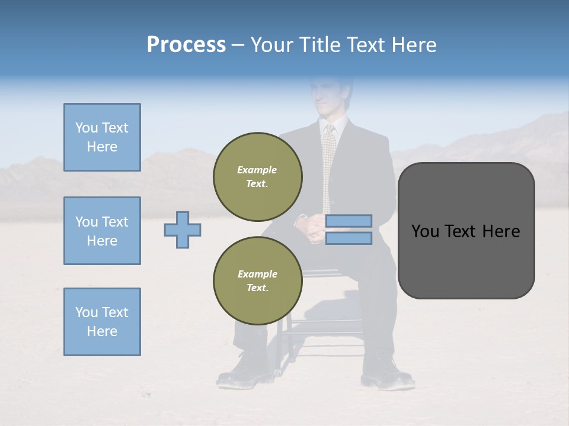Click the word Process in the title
[186, 45]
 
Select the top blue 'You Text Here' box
[102, 137]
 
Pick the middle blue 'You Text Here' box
[102, 231]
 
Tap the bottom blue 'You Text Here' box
[102, 322]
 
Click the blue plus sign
[183, 230]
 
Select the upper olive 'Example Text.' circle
[258, 176]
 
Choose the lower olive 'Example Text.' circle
[258, 280]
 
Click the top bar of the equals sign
[349, 221]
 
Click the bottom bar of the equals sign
[349, 238]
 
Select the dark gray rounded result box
[466, 231]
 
